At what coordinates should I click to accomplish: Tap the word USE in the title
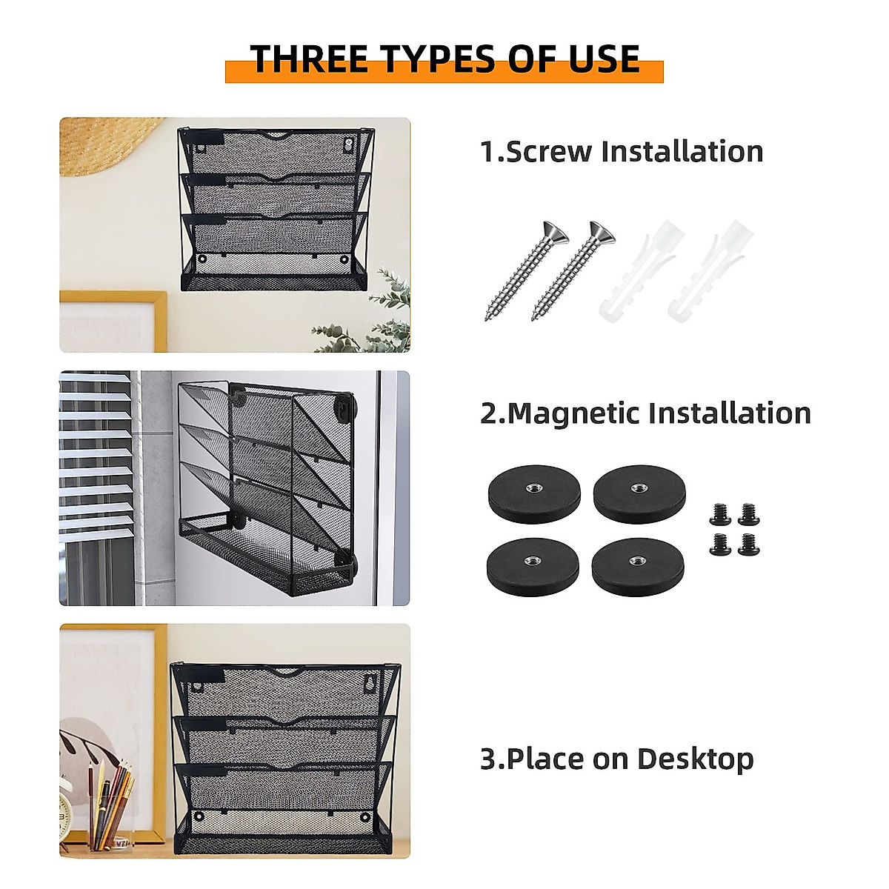coord(604,59)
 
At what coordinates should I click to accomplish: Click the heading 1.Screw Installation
coord(622,151)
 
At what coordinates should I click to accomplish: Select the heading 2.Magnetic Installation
coord(645,413)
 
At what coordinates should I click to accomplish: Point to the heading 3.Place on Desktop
coord(617,759)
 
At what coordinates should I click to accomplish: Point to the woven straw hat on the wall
coord(104,144)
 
